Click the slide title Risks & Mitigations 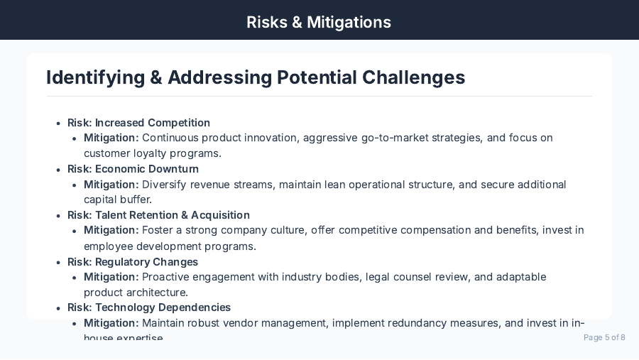(x=319, y=22)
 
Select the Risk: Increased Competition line (x=138, y=123)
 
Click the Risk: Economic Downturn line (x=133, y=169)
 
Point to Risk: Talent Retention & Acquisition (x=158, y=215)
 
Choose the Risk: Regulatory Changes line (x=133, y=262)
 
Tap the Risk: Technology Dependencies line (x=149, y=307)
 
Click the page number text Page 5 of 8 (x=604, y=337)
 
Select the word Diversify (x=164, y=185)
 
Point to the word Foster (x=158, y=230)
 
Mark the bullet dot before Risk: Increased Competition (x=58, y=124)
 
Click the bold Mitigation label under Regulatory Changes (x=111, y=277)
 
